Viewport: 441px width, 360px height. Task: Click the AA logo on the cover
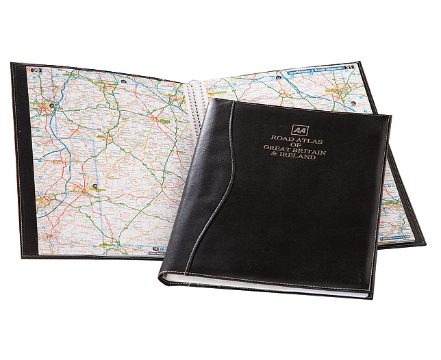click(299, 129)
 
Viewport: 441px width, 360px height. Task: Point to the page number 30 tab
click(35, 70)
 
